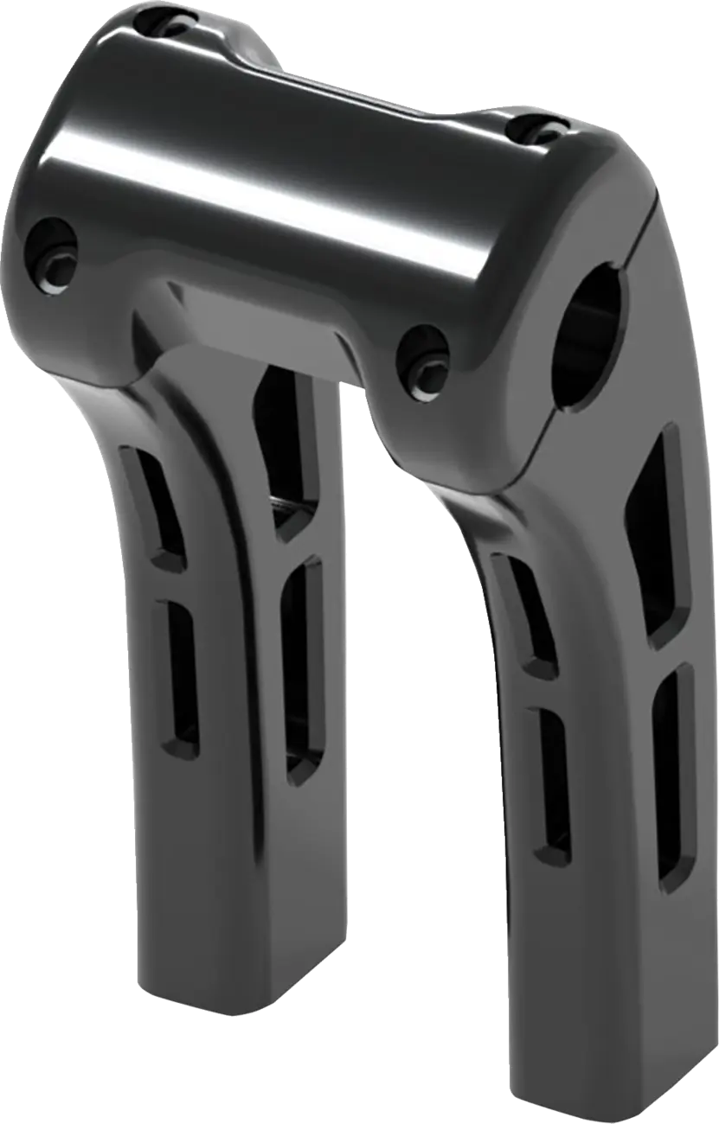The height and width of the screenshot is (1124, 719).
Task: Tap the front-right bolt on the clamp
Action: pos(424,355)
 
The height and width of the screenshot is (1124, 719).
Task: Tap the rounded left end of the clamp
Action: pos(35,216)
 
